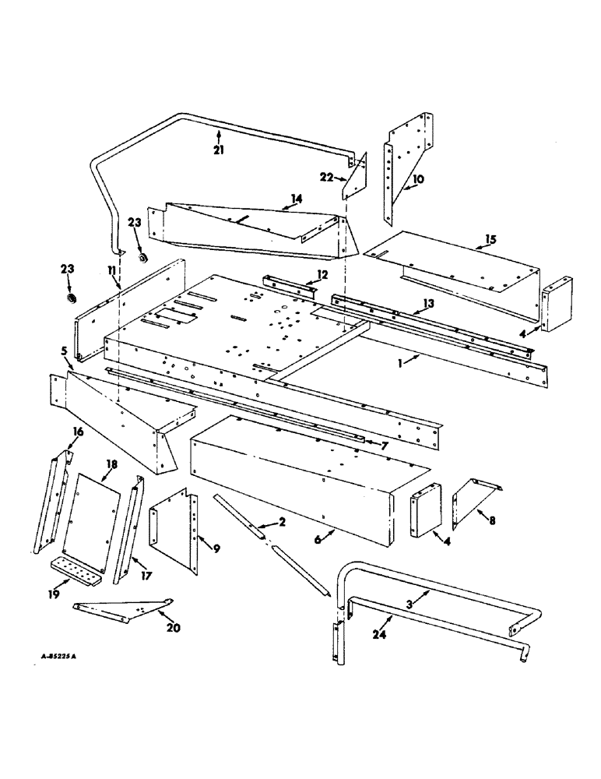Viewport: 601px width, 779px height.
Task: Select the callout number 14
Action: pos(295,199)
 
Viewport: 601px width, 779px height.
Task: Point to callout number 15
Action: pos(489,238)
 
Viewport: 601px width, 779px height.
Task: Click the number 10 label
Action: pos(418,178)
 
